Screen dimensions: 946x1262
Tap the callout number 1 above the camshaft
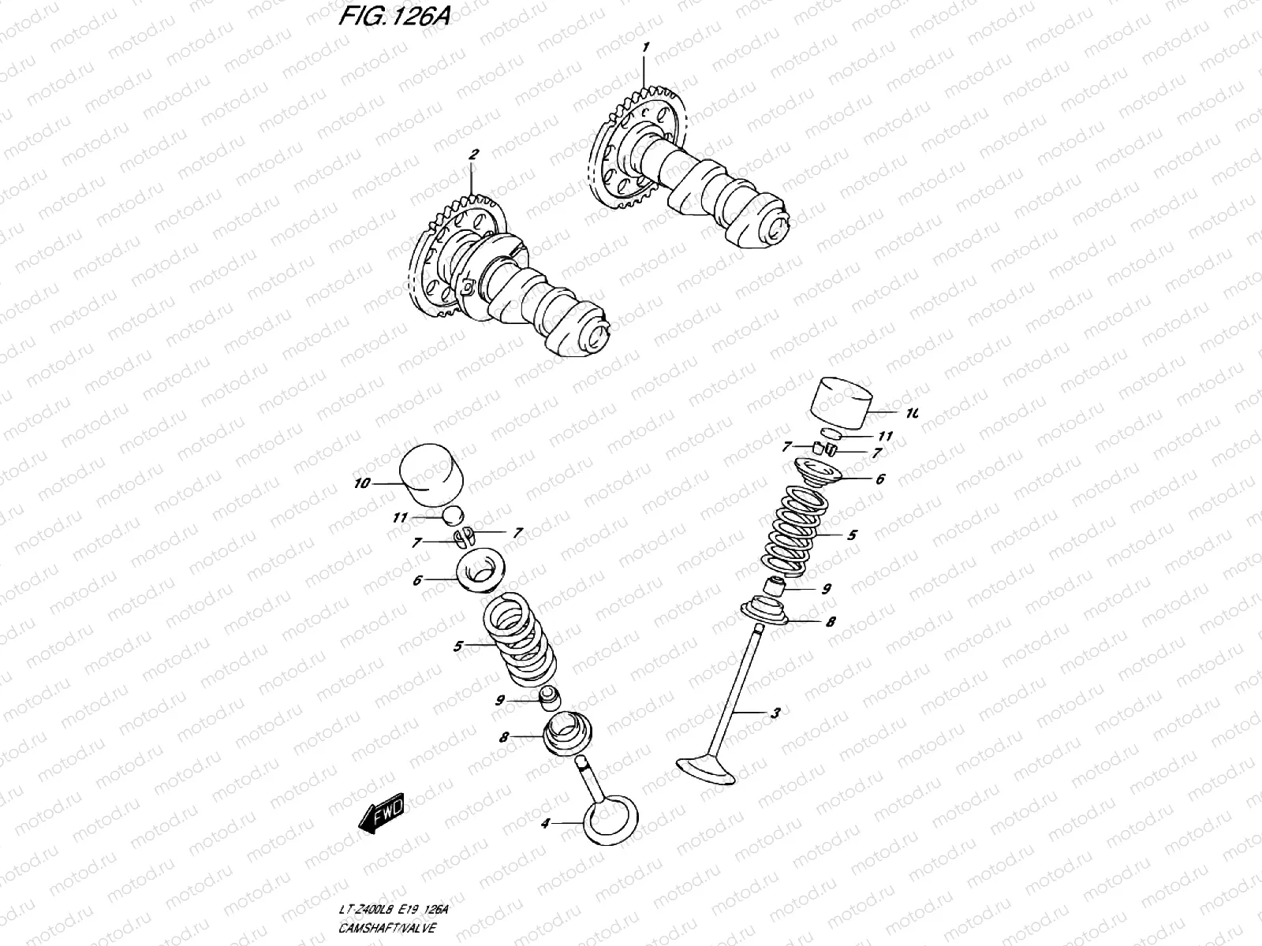[644, 47]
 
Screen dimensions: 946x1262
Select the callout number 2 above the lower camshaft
[473, 155]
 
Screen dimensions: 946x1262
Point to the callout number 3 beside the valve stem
[775, 713]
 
